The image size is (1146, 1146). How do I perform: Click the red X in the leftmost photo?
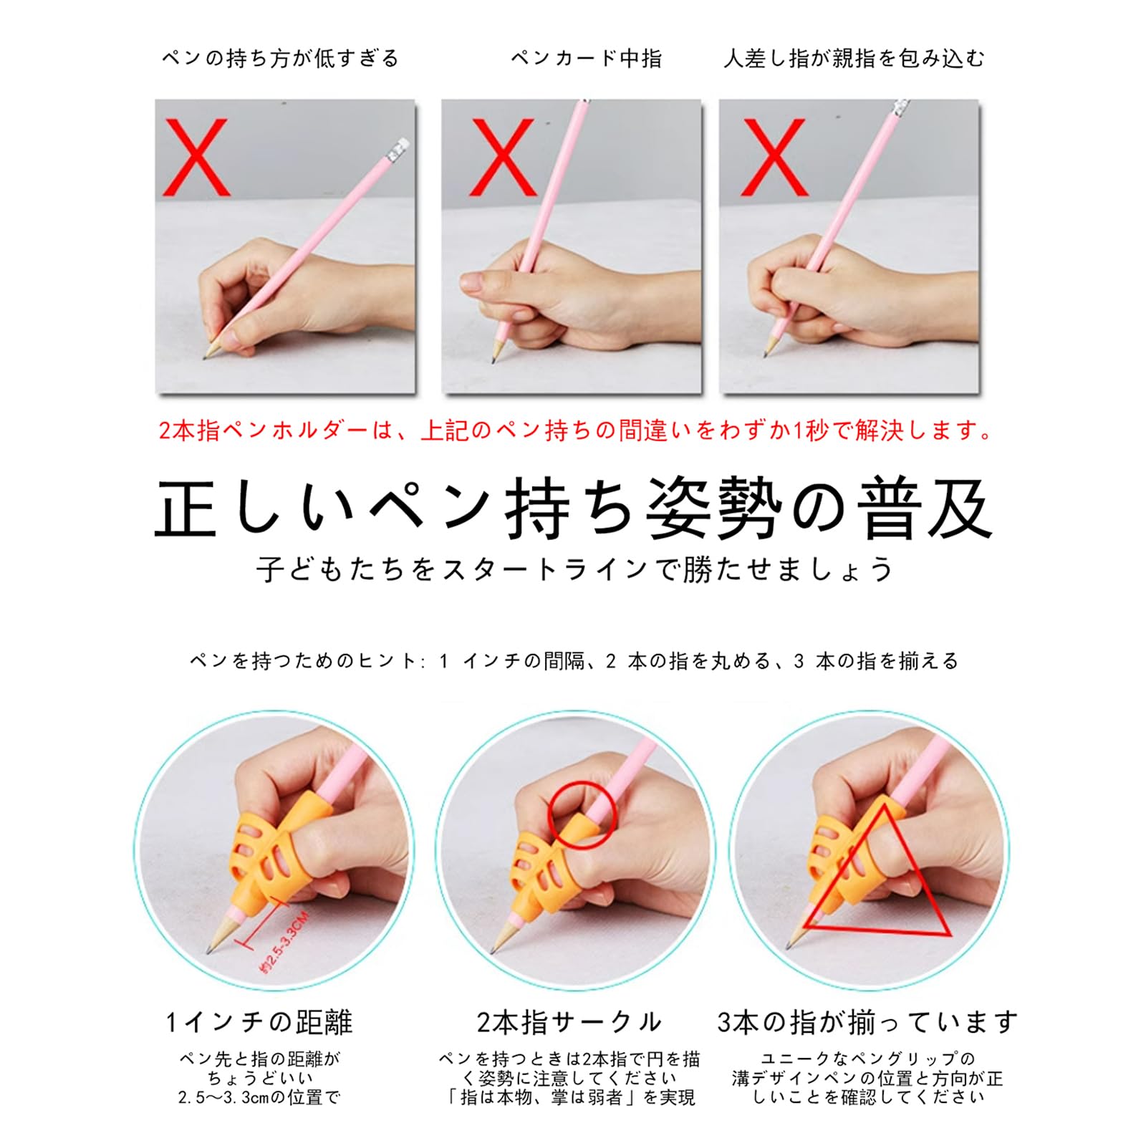(x=197, y=158)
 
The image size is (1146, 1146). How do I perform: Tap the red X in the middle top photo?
(x=504, y=158)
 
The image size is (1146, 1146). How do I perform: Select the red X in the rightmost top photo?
(x=775, y=158)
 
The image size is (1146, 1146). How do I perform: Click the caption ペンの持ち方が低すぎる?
(x=280, y=58)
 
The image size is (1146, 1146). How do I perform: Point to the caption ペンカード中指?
(x=587, y=58)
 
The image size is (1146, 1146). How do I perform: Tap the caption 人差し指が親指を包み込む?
(x=854, y=58)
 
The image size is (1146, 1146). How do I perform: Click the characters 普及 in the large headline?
(x=928, y=509)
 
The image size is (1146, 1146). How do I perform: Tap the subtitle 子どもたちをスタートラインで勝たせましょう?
(x=575, y=569)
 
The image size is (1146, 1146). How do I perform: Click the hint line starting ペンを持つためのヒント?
(x=574, y=660)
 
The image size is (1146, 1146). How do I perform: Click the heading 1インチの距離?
(x=259, y=1022)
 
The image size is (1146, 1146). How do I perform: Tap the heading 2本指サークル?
(x=569, y=1022)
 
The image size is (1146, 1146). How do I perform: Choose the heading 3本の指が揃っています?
(x=867, y=1022)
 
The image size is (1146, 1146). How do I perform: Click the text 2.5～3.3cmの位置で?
(x=259, y=1097)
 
